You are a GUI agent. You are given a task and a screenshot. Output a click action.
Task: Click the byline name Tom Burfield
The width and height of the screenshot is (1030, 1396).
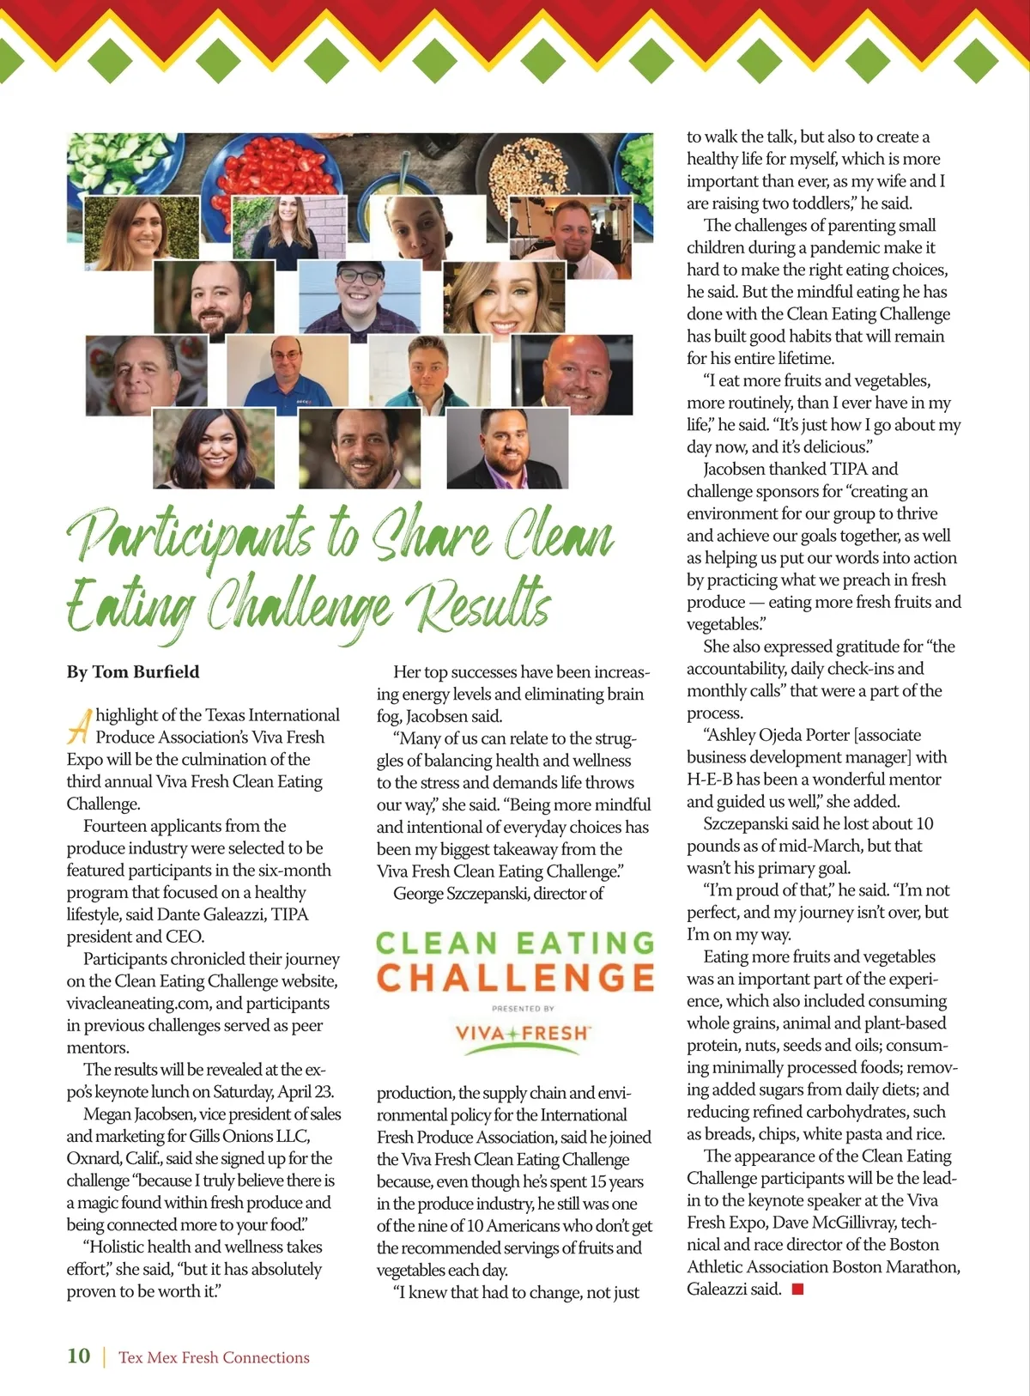click(145, 672)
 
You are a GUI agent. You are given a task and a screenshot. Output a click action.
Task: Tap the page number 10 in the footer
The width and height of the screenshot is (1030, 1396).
click(78, 1357)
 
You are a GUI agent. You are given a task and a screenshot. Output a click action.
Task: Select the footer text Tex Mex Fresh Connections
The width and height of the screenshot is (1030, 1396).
click(214, 1357)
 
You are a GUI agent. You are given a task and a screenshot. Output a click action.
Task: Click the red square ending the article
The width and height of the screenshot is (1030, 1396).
click(797, 1289)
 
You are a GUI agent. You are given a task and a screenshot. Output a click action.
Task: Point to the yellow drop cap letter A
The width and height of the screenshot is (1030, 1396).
click(79, 726)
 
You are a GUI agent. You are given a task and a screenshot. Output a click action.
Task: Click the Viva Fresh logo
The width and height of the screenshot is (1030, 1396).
click(523, 1033)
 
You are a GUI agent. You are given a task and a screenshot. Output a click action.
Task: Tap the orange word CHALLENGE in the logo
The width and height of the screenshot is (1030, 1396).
click(515, 978)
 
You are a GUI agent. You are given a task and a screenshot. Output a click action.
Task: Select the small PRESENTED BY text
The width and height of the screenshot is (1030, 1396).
click(523, 1009)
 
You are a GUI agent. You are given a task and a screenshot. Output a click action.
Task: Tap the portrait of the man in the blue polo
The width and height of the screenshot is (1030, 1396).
click(288, 371)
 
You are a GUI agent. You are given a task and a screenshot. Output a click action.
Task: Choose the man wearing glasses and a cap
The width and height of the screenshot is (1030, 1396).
click(360, 296)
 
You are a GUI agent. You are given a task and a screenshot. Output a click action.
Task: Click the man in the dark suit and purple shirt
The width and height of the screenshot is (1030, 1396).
click(507, 448)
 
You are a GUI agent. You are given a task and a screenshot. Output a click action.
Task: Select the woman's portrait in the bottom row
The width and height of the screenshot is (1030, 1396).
click(214, 448)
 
